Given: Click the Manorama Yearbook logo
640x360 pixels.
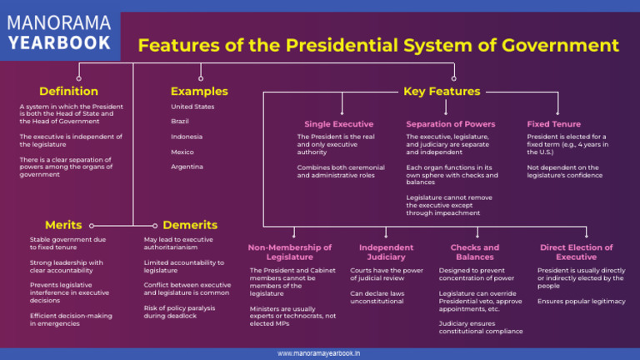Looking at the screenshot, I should tap(59, 31).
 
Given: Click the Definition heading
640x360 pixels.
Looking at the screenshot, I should tap(68, 91).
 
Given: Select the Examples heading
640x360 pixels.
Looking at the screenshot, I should tap(199, 91).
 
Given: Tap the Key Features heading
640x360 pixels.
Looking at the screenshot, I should tap(442, 91).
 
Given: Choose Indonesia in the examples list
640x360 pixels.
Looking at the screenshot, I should tap(187, 137).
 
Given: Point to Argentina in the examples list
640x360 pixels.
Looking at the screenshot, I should tap(187, 167).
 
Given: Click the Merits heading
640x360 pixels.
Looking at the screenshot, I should tap(63, 225).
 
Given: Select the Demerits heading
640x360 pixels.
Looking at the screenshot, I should tap(190, 225).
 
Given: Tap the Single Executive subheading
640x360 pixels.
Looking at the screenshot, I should tap(338, 124).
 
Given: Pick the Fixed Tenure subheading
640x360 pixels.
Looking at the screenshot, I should tap(554, 124).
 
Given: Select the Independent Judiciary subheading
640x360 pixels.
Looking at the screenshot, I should tap(386, 252).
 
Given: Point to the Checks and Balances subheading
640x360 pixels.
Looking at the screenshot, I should tap(475, 252).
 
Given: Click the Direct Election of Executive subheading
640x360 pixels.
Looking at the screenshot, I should tap(576, 252).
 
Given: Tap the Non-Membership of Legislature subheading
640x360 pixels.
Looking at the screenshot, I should tap(289, 252).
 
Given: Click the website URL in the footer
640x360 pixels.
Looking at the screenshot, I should tap(319, 353).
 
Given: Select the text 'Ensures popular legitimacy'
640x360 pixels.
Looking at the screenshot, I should tap(581, 301).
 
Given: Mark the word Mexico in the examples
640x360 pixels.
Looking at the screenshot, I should tap(182, 152).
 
